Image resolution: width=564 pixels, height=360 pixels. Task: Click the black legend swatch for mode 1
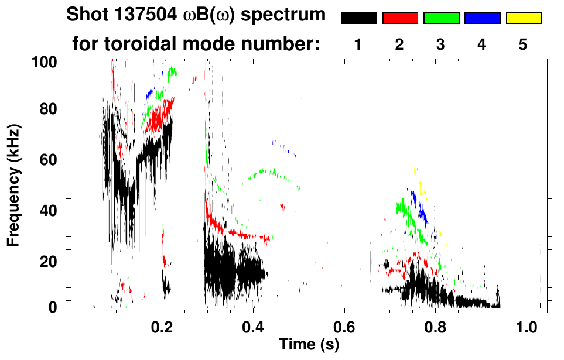click(358, 18)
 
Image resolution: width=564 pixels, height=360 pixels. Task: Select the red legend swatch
click(400, 18)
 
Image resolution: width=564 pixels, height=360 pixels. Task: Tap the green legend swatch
click(441, 18)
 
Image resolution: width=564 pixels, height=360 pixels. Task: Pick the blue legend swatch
click(482, 18)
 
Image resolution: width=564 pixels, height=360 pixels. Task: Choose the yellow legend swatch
click(524, 18)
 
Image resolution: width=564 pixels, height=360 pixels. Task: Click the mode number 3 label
click(440, 44)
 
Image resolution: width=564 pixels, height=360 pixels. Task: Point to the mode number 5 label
click(523, 44)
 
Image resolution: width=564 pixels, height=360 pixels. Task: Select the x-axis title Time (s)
click(309, 345)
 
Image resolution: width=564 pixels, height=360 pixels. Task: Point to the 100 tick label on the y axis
click(45, 61)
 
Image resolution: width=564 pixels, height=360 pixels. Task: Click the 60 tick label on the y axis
click(49, 160)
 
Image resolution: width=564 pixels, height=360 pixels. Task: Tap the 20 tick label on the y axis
click(49, 262)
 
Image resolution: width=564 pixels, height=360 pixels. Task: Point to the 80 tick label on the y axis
click(49, 109)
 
